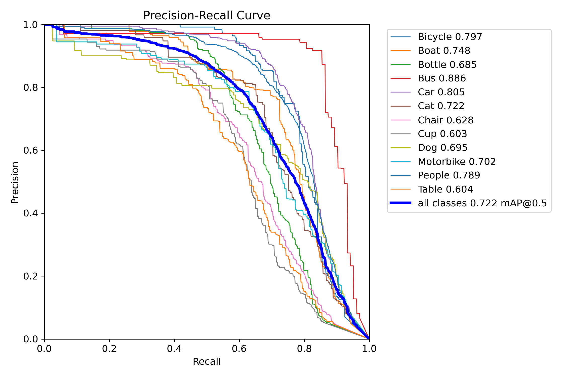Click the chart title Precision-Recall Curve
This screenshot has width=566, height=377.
(207, 16)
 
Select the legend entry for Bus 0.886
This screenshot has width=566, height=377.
(442, 78)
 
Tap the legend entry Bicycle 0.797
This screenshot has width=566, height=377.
(450, 37)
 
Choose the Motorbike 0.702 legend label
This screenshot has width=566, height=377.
(457, 162)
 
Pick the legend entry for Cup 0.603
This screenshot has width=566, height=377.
(442, 134)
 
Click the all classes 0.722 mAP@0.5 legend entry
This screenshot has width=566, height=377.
(482, 203)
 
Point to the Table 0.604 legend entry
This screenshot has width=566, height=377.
(445, 189)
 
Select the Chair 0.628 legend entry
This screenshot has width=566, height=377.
(446, 120)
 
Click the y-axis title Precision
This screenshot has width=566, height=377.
(15, 182)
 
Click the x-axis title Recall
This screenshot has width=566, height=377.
(207, 361)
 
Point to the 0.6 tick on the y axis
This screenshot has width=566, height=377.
(30, 150)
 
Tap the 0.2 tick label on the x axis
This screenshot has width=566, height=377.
(109, 349)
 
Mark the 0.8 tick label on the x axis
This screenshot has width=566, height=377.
(304, 349)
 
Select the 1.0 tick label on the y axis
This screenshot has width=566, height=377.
(30, 25)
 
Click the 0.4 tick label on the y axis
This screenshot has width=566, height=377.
(30, 213)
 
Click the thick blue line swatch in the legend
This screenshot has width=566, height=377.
(400, 203)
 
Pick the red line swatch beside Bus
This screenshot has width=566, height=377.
(400, 78)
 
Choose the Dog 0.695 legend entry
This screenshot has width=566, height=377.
(442, 148)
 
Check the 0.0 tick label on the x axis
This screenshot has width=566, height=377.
(44, 349)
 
